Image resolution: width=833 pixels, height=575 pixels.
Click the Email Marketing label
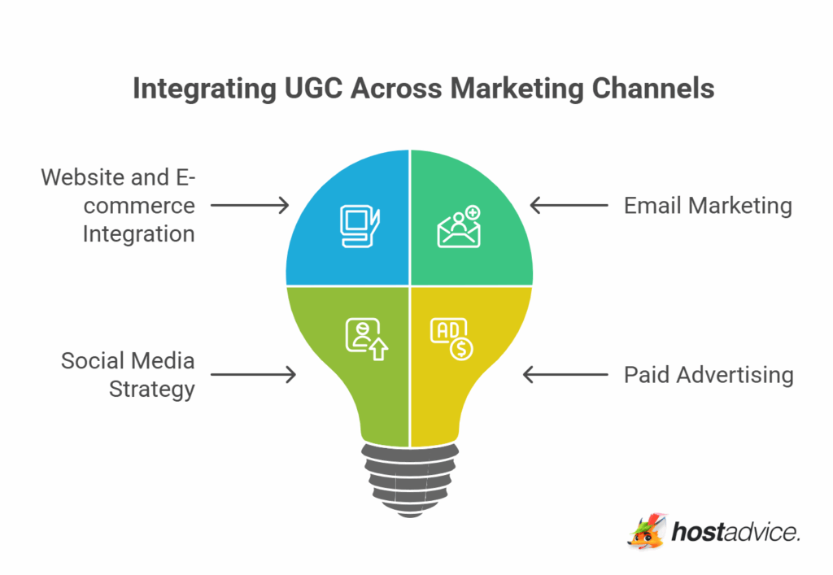708,206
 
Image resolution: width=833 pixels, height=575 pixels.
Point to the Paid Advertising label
709,375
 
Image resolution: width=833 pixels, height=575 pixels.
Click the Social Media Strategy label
129,375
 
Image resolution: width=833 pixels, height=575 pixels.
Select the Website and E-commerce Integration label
119,206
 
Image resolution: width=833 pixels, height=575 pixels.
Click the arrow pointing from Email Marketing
569,206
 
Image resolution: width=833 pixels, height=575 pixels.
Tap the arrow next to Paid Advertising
565,375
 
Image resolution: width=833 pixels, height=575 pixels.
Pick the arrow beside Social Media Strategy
253,375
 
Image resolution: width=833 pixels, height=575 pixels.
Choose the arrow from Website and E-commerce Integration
249,206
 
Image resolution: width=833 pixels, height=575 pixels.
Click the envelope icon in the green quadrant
459,227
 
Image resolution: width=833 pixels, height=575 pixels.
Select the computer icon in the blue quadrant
359,227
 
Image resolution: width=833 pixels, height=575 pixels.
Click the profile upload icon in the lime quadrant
366,339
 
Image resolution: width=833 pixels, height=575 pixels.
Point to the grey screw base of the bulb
409,476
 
